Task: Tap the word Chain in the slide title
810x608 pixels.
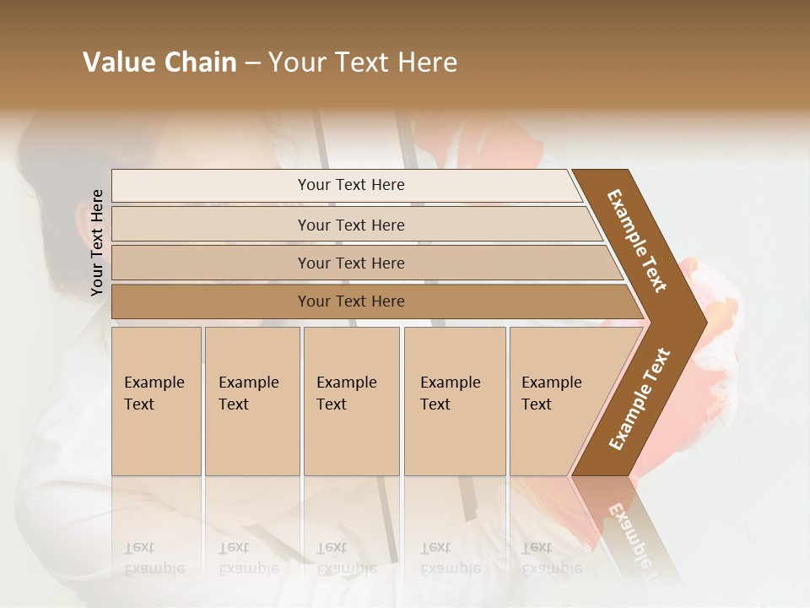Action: (200, 62)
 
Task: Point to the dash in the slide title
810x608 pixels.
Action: (252, 63)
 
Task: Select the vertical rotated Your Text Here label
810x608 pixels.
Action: (97, 242)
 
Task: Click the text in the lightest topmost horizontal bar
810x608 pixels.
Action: (351, 185)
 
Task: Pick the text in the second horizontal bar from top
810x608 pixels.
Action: (351, 225)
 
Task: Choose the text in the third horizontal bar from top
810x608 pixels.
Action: (351, 263)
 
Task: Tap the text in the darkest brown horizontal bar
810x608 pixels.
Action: (351, 301)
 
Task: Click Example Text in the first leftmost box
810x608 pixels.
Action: (154, 394)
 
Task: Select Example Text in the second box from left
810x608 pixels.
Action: (248, 394)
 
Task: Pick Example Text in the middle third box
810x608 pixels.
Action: (346, 394)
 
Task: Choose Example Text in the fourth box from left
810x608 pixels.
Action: (450, 394)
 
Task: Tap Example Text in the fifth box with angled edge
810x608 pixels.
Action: (551, 394)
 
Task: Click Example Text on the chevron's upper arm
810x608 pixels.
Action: (638, 241)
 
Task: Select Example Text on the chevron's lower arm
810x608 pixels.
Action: (640, 399)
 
